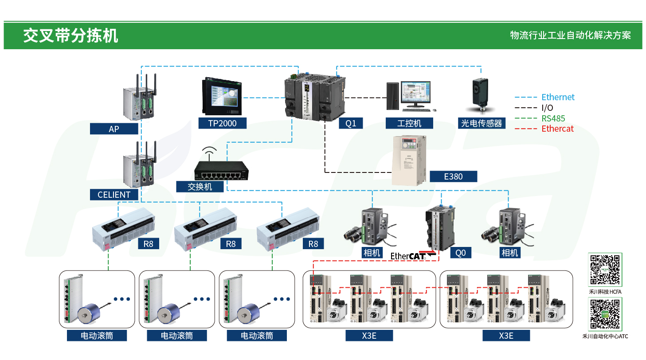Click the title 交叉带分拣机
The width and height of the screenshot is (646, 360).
pyautogui.click(x=70, y=36)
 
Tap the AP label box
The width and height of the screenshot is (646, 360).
pyautogui.click(x=114, y=129)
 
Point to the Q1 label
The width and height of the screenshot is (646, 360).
pyautogui.click(x=351, y=123)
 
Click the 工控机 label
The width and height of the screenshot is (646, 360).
pyautogui.click(x=409, y=123)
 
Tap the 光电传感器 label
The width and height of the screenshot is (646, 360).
pyautogui.click(x=482, y=123)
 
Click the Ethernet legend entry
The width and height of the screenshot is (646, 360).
pyautogui.click(x=557, y=97)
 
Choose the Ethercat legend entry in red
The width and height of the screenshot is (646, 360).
pyautogui.click(x=557, y=129)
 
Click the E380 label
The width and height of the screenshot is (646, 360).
pyautogui.click(x=453, y=176)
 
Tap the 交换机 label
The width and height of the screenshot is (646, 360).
pyautogui.click(x=200, y=187)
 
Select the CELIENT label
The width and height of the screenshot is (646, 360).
pyautogui.click(x=114, y=195)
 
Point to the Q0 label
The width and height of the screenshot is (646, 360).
pyautogui.click(x=461, y=253)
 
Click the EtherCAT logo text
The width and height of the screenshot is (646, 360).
pyautogui.click(x=407, y=256)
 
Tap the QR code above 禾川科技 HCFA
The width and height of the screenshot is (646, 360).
pyautogui.click(x=605, y=270)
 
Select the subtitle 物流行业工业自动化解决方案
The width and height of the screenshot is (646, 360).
pyautogui.click(x=570, y=36)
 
